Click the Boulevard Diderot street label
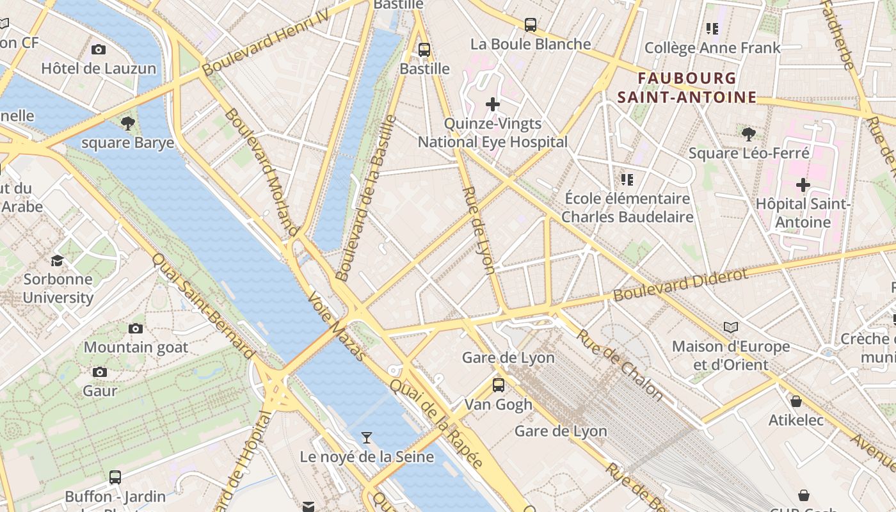coord(680,285)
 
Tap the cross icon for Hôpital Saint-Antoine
coord(803,185)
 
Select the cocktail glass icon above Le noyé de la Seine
coord(366,438)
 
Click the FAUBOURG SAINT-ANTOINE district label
coord(687,88)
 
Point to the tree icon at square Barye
coord(127,123)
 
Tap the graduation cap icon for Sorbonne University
coord(58,260)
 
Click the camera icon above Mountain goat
coord(136,329)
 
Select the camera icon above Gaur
coord(99,372)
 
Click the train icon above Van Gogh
coord(498,385)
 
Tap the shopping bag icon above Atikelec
coord(796,401)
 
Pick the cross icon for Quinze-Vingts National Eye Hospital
coord(492,104)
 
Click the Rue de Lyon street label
coord(479,231)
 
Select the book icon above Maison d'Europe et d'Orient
coord(730,328)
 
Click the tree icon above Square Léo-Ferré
coord(748,134)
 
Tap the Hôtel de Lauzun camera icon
coord(99,49)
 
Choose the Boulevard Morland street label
coord(262,171)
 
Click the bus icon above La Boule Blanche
coord(530,25)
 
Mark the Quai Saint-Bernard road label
coord(204,305)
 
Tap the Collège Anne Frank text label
coord(712,48)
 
